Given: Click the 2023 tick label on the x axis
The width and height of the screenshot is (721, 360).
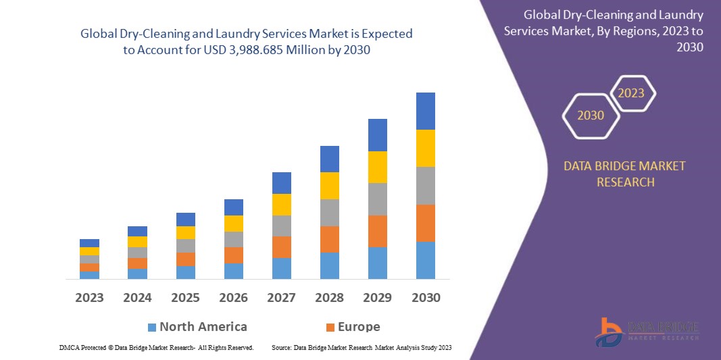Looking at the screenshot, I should coord(89,297).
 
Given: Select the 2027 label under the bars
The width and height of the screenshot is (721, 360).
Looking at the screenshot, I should coord(281,297).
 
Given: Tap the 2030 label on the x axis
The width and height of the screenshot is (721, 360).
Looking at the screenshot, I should coord(425,297).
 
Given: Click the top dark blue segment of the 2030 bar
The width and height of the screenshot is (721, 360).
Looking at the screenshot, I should coord(425,111).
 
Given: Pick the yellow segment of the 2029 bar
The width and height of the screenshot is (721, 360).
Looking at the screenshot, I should coord(377,167).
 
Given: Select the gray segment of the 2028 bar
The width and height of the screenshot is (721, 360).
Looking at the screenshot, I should coord(329,212).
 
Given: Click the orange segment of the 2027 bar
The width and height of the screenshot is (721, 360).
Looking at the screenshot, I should coord(281,247).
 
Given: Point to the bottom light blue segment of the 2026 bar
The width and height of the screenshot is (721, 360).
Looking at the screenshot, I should coord(233,271).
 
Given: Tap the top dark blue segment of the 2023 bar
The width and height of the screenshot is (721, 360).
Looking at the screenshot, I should coord(89,243).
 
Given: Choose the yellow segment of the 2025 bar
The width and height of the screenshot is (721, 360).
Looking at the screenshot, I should coord(185,232).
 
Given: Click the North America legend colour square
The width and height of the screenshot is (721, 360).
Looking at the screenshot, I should coord(152,328).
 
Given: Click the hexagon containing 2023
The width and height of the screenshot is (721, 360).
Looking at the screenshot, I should coord(632,93).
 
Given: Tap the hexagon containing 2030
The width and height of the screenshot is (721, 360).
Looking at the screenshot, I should coord(591,115).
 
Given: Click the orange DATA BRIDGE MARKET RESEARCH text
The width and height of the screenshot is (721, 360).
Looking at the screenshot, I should coord(624,174).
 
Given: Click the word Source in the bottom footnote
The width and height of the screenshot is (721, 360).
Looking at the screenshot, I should coord(281,347).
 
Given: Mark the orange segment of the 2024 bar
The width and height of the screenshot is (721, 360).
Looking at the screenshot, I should coord(137,263).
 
